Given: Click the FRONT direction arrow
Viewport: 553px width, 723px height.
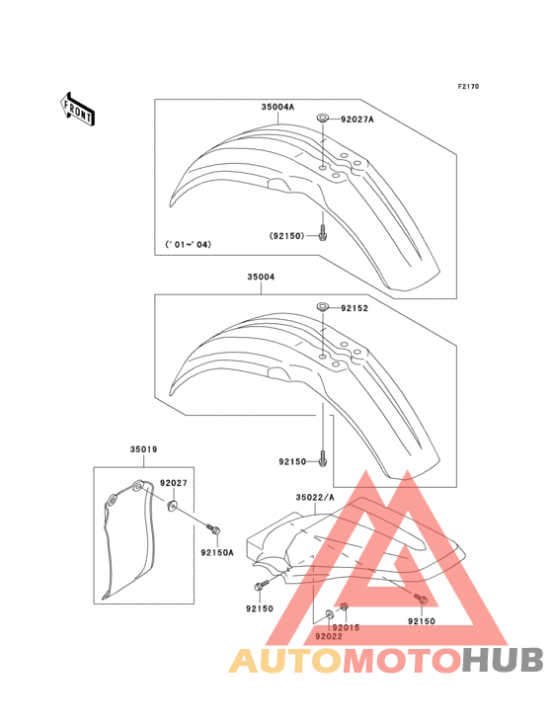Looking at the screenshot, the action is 77,109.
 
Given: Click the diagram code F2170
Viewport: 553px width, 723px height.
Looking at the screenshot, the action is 468,86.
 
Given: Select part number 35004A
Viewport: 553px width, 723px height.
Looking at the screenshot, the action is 277,107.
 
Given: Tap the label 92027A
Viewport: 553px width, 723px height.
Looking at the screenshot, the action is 357,120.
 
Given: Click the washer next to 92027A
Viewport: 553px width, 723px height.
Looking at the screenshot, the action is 323,119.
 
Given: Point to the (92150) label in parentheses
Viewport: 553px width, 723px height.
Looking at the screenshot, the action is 287,236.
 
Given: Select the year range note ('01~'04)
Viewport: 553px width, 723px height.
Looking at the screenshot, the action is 188,244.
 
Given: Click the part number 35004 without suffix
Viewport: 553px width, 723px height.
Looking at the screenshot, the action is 261,278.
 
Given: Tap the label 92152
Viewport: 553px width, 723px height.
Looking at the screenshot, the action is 355,308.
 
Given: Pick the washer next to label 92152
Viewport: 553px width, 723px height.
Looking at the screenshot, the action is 323,306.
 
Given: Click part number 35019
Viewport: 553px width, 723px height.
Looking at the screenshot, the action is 143,449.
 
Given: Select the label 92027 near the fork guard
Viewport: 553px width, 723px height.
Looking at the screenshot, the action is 174,483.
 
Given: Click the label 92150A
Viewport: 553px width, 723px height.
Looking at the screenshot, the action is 217,552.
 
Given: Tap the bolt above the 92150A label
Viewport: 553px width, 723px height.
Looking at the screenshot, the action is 213,529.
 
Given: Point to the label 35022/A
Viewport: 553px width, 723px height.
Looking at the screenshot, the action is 315,497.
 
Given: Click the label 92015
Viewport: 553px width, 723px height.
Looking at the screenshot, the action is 346,627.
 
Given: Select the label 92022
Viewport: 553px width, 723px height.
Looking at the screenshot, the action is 329,637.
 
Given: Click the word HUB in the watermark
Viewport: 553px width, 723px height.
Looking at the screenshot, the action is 504,660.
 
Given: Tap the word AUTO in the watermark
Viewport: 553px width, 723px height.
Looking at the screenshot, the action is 285,660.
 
